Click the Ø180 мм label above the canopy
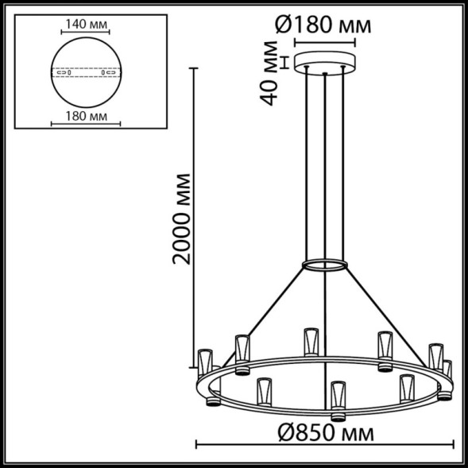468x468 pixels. [x=323, y=25]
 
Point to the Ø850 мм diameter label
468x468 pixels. [x=327, y=433]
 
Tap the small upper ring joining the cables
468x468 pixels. [x=324, y=264]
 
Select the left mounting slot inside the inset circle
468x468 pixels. [x=64, y=72]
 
